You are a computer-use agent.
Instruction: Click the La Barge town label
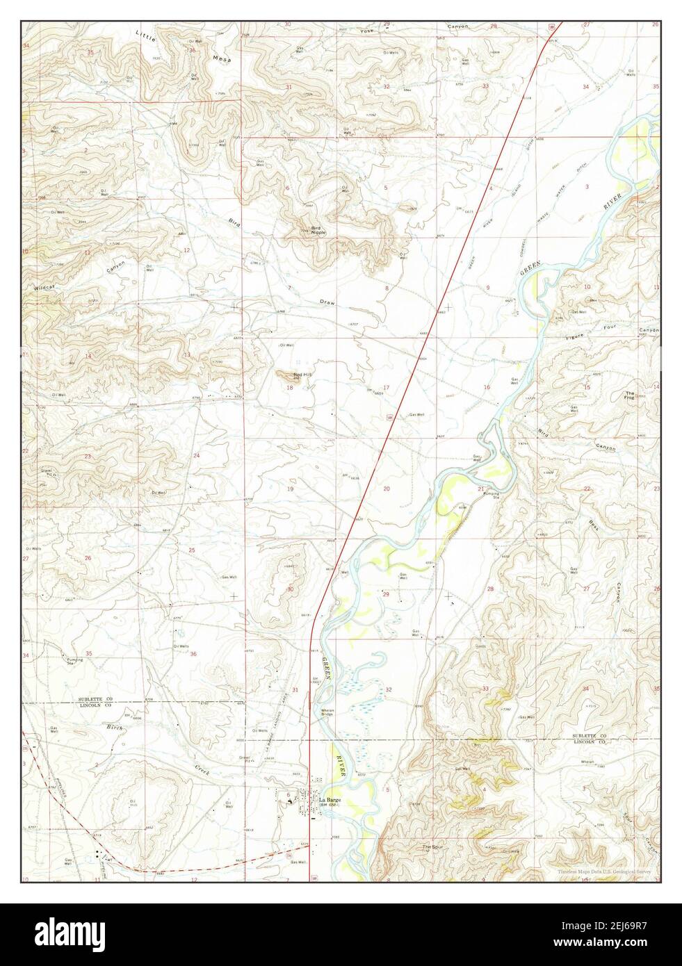(330, 800)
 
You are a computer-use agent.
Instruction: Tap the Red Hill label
(302, 375)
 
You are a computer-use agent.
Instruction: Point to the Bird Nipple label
(317, 230)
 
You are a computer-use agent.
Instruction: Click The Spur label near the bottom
(432, 847)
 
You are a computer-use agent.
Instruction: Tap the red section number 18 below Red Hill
(290, 388)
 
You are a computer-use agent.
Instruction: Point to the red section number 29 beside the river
(385, 594)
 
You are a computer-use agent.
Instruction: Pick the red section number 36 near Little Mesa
(192, 51)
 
